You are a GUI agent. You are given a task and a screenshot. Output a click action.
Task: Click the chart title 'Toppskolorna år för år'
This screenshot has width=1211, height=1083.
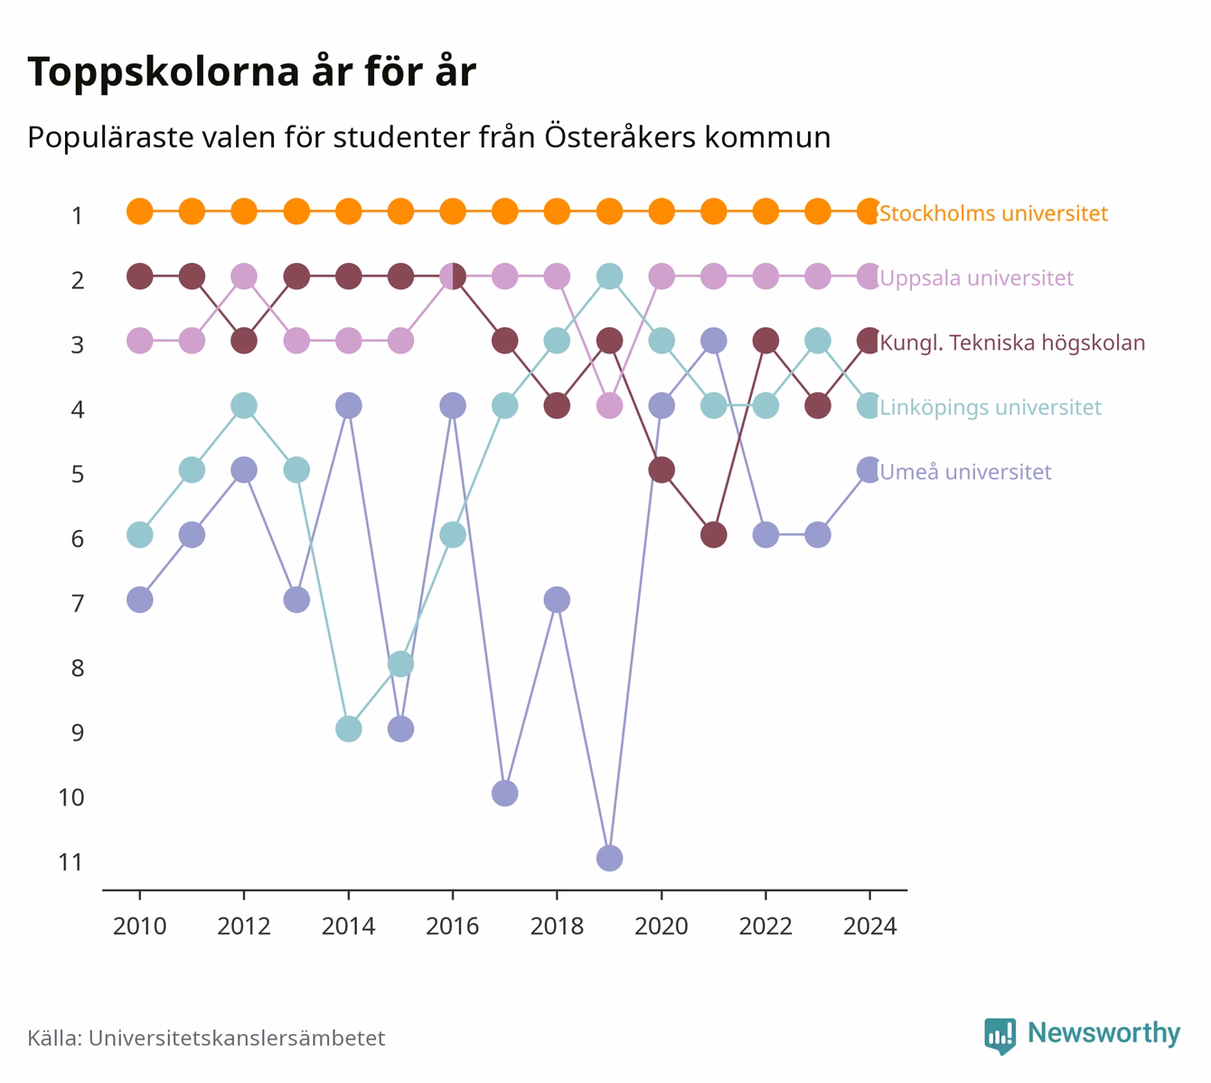tap(251, 72)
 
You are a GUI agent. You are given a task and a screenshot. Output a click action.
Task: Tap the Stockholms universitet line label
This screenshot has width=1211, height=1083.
tap(993, 212)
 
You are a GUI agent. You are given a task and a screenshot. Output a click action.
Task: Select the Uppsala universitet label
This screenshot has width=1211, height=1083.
tap(977, 278)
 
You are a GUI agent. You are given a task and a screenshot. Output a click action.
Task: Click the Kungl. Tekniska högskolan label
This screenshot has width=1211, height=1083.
tap(1012, 343)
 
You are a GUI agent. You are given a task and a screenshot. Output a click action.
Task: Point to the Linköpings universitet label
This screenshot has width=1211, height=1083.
tap(990, 407)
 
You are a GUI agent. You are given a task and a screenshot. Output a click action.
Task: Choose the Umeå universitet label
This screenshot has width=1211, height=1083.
tap(965, 472)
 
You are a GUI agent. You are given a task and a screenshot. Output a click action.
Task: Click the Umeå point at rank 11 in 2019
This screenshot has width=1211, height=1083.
tap(609, 858)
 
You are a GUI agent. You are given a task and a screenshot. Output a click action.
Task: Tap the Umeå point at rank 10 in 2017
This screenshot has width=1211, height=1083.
tap(504, 794)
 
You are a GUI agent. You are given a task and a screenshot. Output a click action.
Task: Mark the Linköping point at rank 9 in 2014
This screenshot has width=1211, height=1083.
tap(349, 729)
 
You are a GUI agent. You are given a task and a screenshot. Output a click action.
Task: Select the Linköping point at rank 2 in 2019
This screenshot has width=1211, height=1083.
tap(609, 277)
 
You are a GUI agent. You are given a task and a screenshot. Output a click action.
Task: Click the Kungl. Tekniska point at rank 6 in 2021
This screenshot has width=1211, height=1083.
tap(713, 534)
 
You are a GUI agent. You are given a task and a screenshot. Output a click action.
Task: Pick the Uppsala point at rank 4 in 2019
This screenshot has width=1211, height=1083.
tap(609, 406)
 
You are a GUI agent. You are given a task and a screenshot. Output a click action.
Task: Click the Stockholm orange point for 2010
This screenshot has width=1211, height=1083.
tap(140, 212)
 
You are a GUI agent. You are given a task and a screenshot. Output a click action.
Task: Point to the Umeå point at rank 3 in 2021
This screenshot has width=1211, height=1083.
tap(713, 341)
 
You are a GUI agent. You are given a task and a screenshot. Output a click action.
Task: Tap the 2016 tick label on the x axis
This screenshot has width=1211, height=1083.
tap(453, 927)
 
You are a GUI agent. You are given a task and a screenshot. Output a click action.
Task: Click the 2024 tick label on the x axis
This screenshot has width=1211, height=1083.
tap(869, 927)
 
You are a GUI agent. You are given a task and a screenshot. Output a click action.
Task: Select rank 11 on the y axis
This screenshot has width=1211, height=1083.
tap(70, 862)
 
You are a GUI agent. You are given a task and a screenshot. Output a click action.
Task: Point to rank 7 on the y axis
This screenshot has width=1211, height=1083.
tap(78, 604)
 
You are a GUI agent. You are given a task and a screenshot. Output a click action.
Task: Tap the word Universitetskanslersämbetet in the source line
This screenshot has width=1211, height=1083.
tap(237, 1038)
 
